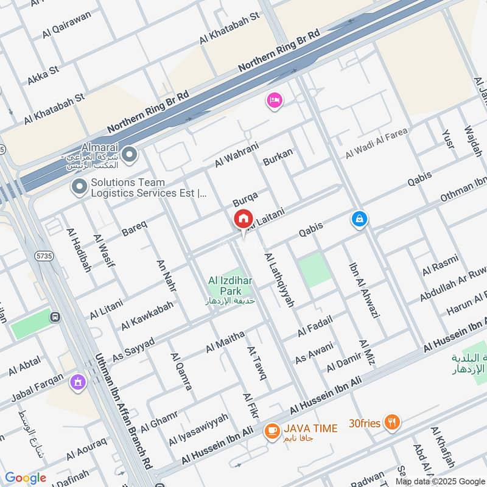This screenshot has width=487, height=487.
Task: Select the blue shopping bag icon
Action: click(x=359, y=219)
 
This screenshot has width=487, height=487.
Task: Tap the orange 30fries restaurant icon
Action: click(x=393, y=422)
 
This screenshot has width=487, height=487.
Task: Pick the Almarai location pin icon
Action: click(x=128, y=155)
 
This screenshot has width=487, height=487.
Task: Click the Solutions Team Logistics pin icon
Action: click(x=79, y=187)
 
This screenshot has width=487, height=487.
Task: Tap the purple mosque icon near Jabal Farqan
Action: click(x=77, y=382)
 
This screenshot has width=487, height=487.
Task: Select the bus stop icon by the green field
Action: click(x=56, y=317)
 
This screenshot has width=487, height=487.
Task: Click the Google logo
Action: click(x=26, y=478)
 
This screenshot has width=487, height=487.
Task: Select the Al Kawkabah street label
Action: click(x=147, y=315)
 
